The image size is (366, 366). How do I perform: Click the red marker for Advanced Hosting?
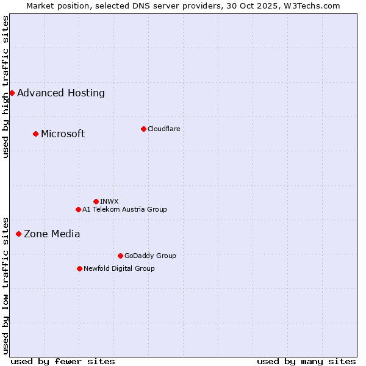[12, 93]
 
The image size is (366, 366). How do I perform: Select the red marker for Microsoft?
[35, 134]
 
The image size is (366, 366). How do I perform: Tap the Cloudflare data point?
[143, 129]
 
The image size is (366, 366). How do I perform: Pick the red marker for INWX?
[96, 201]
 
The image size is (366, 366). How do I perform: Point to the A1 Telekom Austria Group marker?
[78, 209]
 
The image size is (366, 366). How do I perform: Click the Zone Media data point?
[18, 234]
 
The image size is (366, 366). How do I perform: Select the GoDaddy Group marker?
[120, 256]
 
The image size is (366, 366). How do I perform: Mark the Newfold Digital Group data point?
[79, 268]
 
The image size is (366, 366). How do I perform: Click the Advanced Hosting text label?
[61, 93]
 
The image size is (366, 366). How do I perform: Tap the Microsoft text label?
[63, 134]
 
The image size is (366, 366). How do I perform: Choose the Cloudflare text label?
[164, 129]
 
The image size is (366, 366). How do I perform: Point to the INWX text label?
[109, 201]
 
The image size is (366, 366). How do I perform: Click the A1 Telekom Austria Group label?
[124, 209]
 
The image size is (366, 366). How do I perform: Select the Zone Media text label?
[52, 234]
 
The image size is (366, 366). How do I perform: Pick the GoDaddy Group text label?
[150, 256]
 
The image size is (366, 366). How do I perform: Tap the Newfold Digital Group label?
[119, 268]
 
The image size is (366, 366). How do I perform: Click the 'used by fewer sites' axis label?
[63, 361]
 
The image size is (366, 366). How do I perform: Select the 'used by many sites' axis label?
[306, 361]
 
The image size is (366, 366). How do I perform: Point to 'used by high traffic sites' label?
[5, 87]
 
